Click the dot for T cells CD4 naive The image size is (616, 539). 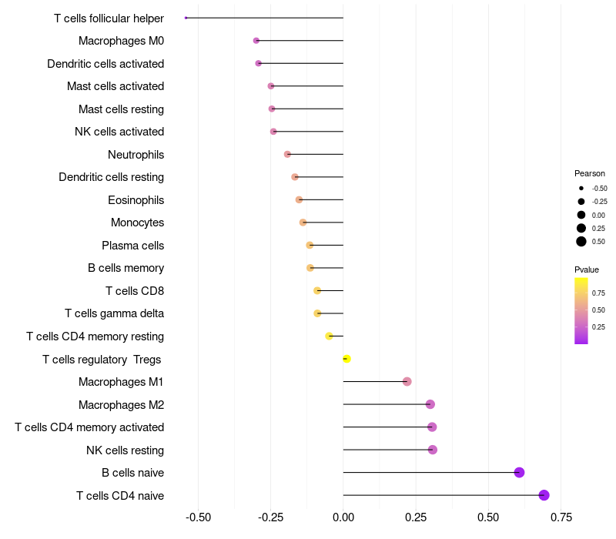544,495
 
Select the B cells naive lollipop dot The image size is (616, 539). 519,473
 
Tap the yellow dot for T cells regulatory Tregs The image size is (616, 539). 346,359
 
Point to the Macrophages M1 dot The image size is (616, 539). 407,382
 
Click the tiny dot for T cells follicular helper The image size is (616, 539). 186,18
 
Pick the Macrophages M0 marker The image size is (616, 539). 256,41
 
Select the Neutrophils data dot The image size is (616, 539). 288,154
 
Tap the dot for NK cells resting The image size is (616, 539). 433,450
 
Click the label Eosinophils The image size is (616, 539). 136,200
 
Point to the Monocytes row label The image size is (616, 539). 137,223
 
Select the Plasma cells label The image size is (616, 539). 132,246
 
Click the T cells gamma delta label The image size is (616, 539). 114,313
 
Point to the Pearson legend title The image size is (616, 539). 590,173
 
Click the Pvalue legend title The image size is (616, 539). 587,269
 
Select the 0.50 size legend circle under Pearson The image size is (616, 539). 581,242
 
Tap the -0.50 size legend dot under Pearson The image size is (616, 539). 581,188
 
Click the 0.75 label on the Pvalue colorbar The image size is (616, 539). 598,293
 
